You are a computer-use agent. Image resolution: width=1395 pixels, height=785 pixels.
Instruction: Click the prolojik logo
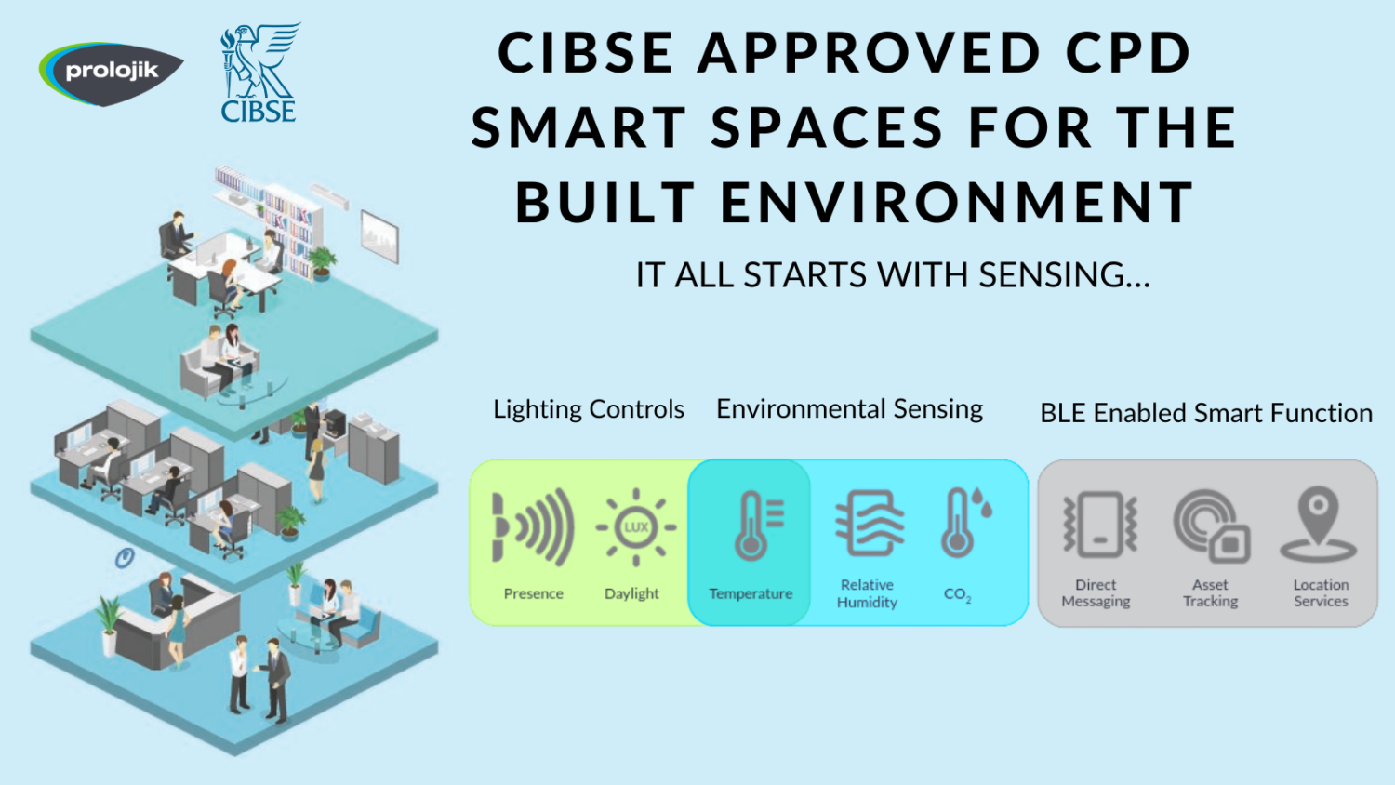[111, 73]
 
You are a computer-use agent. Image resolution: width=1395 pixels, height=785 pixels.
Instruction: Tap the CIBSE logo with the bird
[259, 73]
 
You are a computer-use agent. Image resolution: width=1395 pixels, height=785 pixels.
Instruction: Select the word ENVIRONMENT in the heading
[957, 202]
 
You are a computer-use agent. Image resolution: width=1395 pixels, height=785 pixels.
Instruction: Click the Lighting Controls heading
[589, 410]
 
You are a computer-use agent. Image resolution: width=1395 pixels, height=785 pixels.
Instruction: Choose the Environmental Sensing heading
[849, 410]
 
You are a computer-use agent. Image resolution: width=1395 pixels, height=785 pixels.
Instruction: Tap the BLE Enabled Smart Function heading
[1206, 413]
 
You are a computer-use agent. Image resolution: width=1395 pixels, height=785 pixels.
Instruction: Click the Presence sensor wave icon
[533, 527]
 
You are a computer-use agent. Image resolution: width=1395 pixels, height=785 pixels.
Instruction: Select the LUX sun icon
[636, 527]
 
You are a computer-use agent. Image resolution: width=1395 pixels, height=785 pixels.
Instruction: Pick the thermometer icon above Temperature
[758, 526]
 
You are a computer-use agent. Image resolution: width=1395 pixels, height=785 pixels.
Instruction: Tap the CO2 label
[957, 595]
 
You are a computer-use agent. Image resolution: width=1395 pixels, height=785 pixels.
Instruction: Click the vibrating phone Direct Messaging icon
[1100, 525]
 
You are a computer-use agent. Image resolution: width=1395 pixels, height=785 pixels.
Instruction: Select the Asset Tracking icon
[1212, 526]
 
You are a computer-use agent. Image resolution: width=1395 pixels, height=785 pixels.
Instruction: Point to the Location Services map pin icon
[1319, 525]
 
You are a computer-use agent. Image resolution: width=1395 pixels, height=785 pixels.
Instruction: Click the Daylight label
[631, 594]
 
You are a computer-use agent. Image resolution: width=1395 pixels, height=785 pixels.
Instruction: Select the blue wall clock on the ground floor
[126, 557]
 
